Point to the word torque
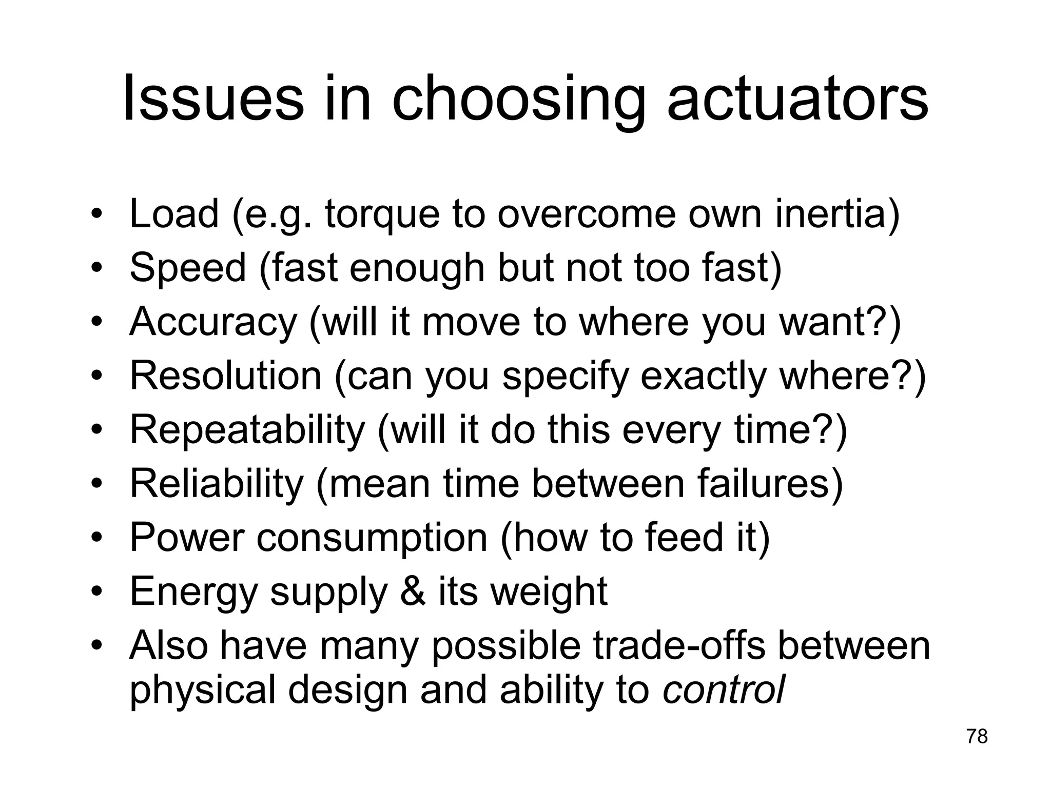[x=382, y=214]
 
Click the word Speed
[x=188, y=268]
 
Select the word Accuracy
[x=213, y=322]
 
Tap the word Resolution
[x=225, y=376]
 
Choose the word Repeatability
[x=247, y=430]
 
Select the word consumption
[x=372, y=538]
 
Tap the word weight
[x=549, y=592]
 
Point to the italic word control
[x=724, y=689]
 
